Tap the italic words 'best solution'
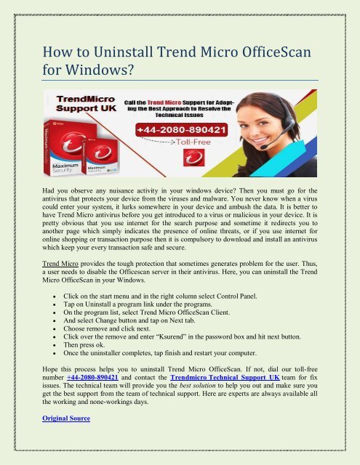[188, 389]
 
